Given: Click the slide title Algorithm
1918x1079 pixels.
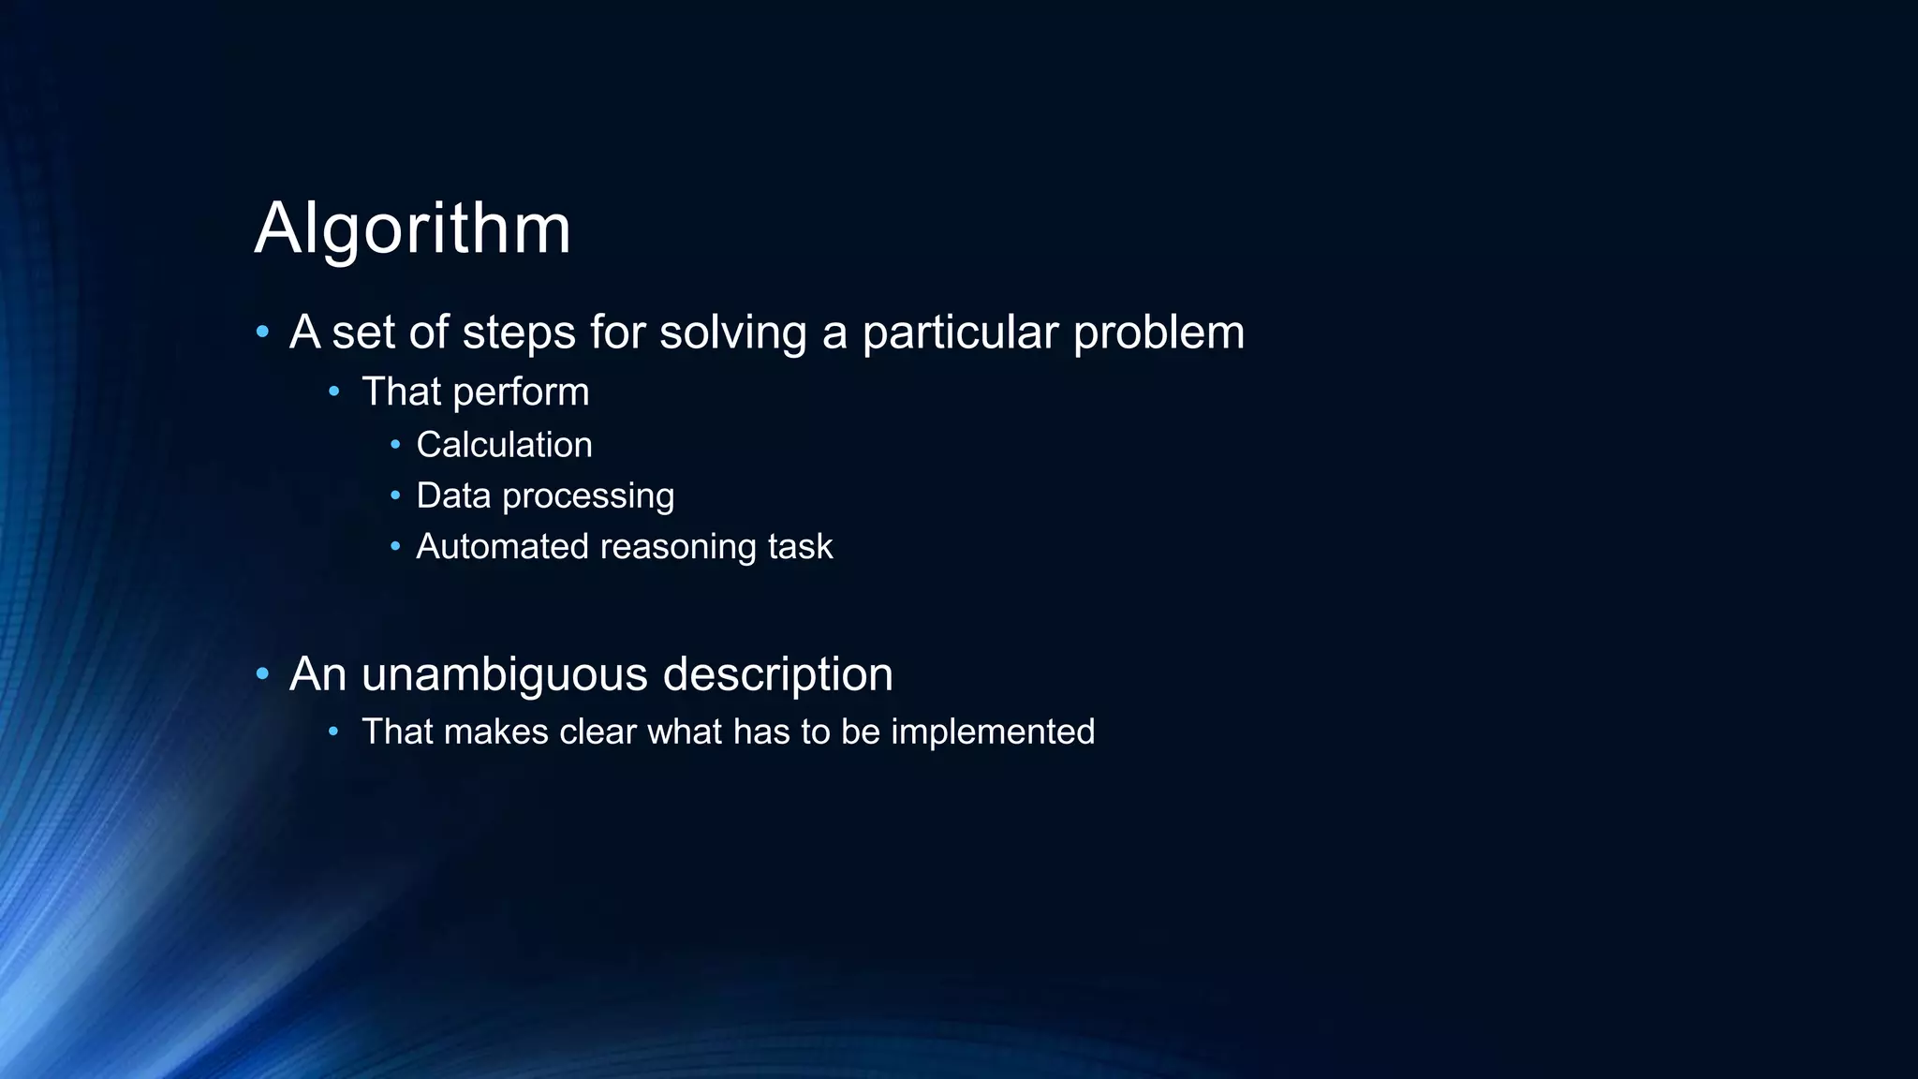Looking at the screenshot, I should [x=412, y=229].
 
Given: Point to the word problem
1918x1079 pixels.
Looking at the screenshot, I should [x=1158, y=333].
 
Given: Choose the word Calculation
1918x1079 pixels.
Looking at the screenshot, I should [x=504, y=445].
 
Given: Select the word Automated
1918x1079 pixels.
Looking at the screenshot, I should [x=502, y=547].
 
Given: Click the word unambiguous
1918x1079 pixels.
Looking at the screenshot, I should [x=505, y=675].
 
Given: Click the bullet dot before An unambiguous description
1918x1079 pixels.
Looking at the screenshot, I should [x=262, y=673].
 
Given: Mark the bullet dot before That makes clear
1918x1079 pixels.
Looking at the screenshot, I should [x=334, y=731].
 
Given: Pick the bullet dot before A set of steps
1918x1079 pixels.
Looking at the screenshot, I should [x=262, y=332].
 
